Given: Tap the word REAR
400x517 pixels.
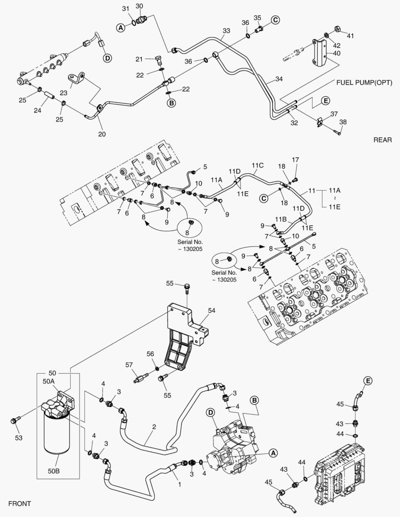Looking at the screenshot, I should (x=383, y=140).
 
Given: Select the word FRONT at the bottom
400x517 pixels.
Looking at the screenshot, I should (x=20, y=503).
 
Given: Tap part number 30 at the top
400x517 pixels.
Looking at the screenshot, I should (x=139, y=6).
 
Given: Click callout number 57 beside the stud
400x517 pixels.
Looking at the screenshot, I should (x=129, y=365).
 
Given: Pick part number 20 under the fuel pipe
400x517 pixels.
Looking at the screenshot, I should (x=102, y=134).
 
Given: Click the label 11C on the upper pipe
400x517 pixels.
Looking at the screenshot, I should (x=258, y=166).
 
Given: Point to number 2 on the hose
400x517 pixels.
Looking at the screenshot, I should (x=154, y=426).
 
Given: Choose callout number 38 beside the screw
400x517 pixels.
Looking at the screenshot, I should (x=343, y=122).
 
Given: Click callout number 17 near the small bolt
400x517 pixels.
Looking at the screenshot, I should (x=296, y=160).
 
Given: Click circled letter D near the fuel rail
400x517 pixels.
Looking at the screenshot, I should (x=107, y=58).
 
